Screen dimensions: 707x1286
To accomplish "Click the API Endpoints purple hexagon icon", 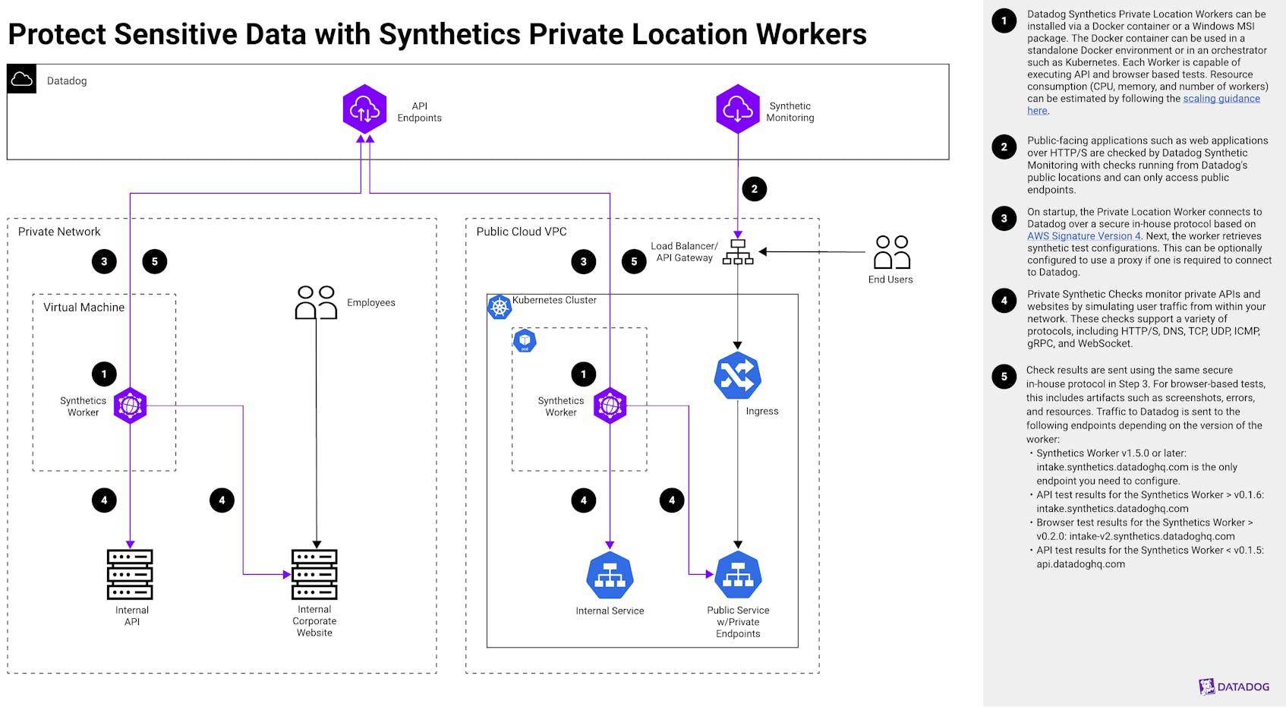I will (364, 109).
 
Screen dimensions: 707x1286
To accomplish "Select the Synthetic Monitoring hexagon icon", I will (737, 109).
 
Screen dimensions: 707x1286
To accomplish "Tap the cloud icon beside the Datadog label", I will (22, 79).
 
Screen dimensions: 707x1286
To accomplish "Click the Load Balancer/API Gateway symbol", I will (738, 252).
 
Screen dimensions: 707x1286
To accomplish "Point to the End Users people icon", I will (891, 252).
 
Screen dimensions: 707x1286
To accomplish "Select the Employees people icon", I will (316, 302).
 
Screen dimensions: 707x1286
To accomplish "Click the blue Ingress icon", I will (737, 376).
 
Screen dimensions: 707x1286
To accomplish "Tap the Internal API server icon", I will (130, 574).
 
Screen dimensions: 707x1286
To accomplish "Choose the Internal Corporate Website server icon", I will (314, 574).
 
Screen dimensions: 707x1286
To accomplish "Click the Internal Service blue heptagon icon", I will (610, 576).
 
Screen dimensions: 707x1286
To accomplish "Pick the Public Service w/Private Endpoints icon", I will (738, 576).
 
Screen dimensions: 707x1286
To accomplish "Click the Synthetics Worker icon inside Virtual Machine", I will (130, 406).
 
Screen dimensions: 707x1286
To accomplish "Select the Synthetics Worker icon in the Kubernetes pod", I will (610, 406).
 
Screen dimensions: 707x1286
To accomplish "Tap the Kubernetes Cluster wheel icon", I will (499, 307).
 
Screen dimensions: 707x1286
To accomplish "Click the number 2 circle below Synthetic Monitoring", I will (754, 189).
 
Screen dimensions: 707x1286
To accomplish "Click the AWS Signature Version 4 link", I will (1083, 236).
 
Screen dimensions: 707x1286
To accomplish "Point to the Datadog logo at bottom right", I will (1234, 686).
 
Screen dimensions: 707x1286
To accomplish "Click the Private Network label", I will (59, 232).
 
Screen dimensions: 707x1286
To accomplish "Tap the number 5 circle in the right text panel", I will (1004, 377).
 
